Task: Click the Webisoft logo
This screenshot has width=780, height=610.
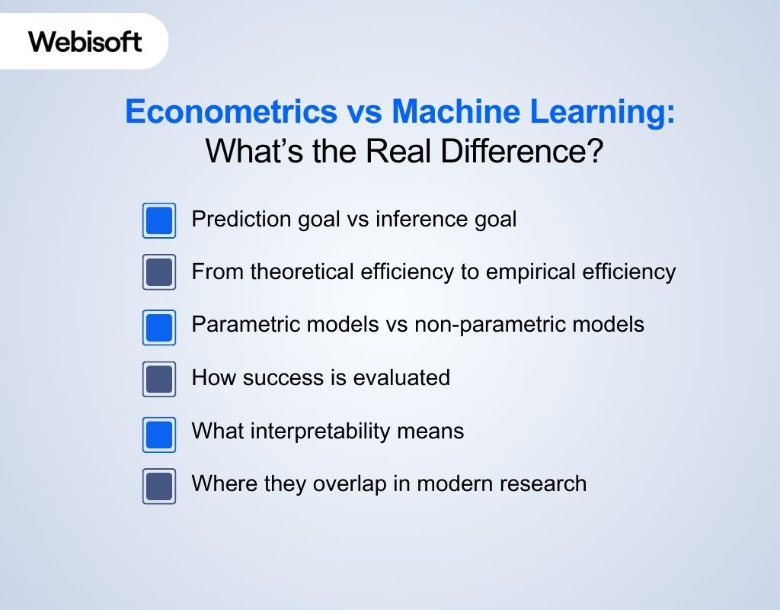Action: tap(85, 41)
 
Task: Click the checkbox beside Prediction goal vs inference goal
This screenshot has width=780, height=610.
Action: tap(159, 220)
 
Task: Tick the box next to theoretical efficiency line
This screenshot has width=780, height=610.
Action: tap(159, 272)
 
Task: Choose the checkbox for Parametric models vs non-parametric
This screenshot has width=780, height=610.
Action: tap(159, 326)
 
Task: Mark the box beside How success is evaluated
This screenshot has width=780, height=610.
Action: tap(159, 379)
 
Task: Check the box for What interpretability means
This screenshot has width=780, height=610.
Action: tap(159, 432)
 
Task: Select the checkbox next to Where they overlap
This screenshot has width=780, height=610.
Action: tap(159, 486)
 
